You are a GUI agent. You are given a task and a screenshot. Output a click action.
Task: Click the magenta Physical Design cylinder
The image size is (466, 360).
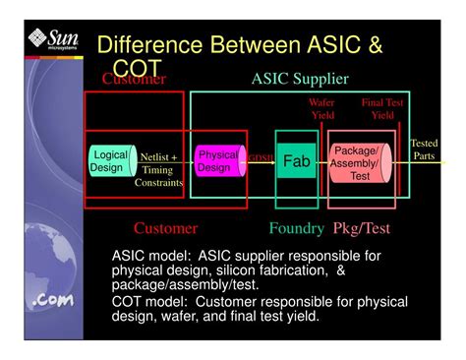[x=217, y=161]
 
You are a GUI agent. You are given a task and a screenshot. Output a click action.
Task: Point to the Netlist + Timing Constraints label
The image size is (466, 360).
[x=158, y=169]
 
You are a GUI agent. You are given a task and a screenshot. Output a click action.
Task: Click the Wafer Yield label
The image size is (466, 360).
[x=321, y=108]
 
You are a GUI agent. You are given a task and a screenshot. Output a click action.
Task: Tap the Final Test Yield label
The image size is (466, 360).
[x=381, y=108]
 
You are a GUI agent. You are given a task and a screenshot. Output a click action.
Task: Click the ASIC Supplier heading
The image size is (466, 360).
[x=299, y=80]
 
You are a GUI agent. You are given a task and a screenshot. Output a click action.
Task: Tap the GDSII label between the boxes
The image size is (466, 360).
[x=261, y=157]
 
